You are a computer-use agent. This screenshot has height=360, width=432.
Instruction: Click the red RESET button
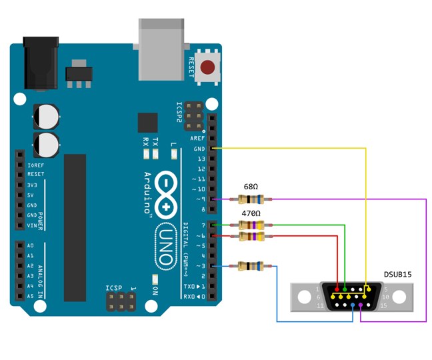click(209, 67)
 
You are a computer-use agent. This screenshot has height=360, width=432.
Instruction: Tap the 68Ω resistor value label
click(251, 187)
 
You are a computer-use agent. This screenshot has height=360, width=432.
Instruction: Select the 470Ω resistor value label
click(251, 213)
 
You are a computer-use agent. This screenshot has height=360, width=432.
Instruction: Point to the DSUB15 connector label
click(397, 274)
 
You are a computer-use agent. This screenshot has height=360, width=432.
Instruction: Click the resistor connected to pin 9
click(251, 199)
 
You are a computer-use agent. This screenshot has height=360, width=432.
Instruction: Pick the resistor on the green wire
click(251, 225)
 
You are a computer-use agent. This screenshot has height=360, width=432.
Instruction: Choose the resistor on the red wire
click(251, 236)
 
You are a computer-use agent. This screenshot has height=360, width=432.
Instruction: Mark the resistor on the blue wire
click(251, 267)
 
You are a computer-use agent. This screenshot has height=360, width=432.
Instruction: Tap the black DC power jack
click(41, 63)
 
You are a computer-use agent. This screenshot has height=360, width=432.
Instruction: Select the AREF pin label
click(198, 138)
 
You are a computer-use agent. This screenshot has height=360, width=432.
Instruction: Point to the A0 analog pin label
click(30, 246)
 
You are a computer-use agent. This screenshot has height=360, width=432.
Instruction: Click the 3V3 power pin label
click(32, 185)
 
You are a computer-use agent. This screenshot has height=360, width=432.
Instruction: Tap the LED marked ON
click(155, 279)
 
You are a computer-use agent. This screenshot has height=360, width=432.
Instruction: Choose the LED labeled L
click(174, 155)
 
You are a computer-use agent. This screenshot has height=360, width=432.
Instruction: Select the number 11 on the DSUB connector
click(320, 306)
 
